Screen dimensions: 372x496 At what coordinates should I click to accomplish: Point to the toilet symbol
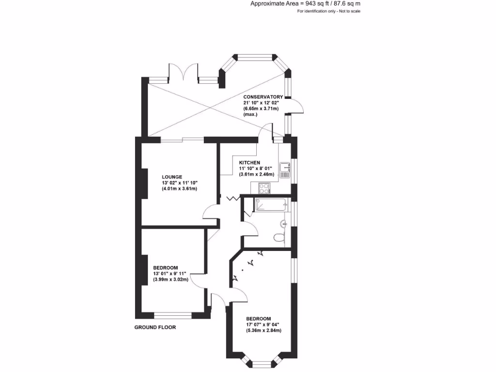coord(279,238)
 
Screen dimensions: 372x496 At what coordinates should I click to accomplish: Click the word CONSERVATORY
coord(263,97)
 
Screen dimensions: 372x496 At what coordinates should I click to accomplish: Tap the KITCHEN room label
coord(250,162)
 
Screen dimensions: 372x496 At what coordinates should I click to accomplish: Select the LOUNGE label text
coord(172,177)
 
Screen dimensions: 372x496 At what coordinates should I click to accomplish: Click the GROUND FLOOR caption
coord(155,327)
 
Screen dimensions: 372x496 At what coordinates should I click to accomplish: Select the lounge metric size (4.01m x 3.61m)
coord(180,188)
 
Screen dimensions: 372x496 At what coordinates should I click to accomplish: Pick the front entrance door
coord(219,298)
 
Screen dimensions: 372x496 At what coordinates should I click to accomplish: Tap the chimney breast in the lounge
coord(144,183)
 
